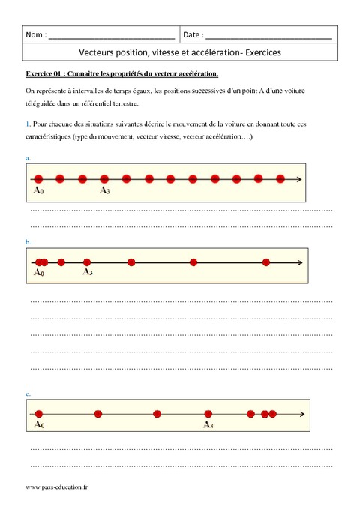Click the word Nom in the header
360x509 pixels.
click(x=34, y=35)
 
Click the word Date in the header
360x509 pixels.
click(x=192, y=35)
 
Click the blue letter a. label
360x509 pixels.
click(x=28, y=158)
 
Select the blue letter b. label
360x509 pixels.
click(x=28, y=242)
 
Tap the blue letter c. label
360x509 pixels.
click(x=28, y=393)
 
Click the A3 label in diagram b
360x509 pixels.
click(x=87, y=272)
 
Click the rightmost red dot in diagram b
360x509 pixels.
click(x=266, y=262)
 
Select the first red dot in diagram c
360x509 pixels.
click(x=39, y=413)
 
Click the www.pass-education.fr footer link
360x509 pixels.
click(x=57, y=487)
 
